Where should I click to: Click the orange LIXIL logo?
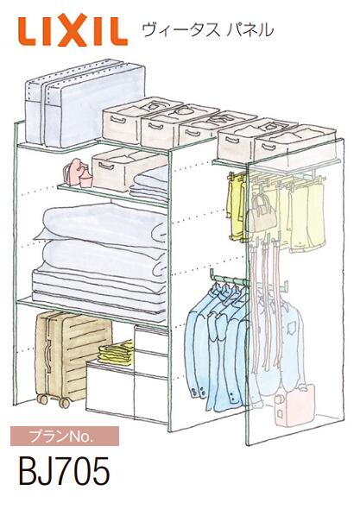[x=73, y=30]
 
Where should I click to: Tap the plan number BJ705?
[x=64, y=470]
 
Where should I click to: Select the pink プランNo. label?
[x=65, y=437]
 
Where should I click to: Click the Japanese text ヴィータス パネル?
[x=208, y=30]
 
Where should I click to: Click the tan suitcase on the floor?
[x=70, y=357]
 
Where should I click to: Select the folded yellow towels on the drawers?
[x=116, y=353]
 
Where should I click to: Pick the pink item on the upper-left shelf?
[x=77, y=173]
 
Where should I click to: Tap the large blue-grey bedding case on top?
[x=85, y=103]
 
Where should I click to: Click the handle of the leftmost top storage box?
[x=118, y=119]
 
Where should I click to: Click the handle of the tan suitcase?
[x=48, y=356]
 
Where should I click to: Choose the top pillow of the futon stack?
[x=101, y=222]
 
